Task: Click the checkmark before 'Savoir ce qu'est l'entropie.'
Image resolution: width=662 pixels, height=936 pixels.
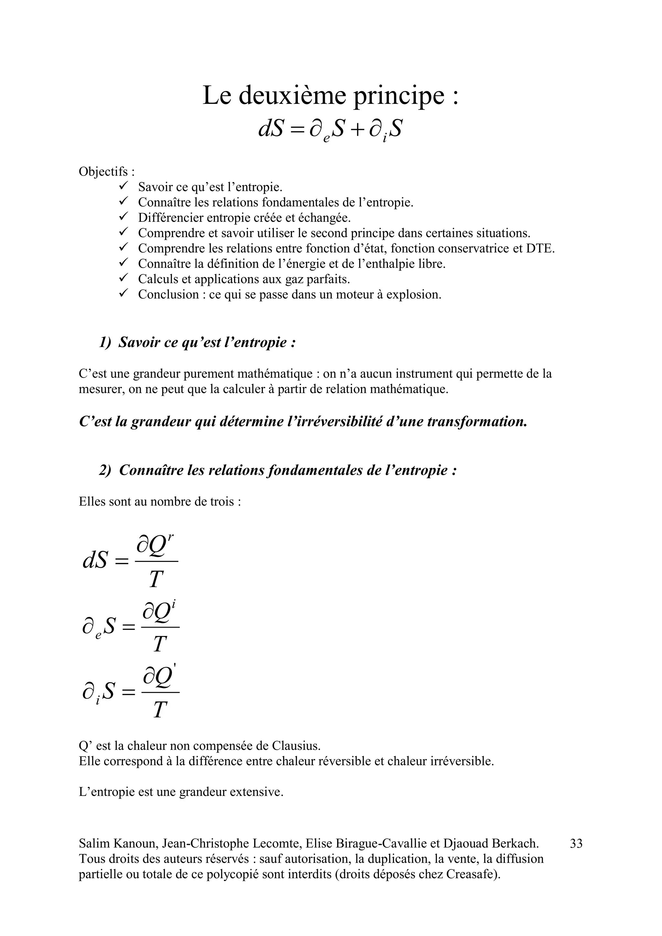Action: (x=123, y=186)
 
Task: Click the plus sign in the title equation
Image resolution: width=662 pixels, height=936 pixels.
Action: (x=357, y=130)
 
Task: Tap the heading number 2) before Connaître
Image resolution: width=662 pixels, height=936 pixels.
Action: (x=105, y=470)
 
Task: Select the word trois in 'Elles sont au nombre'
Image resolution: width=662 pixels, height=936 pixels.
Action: (x=223, y=501)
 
